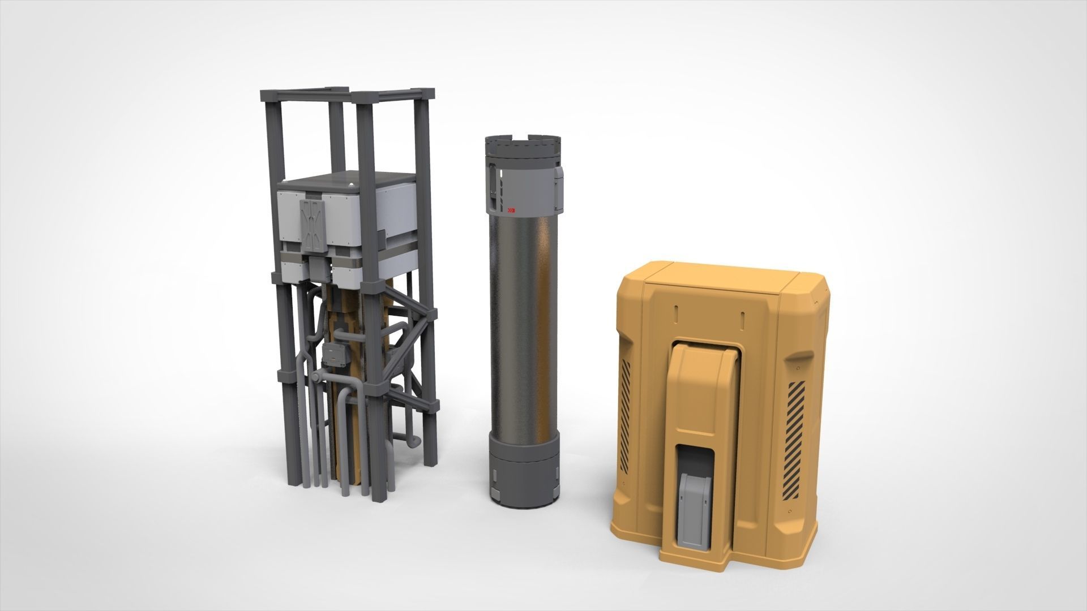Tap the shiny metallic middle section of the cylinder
tap(521, 328)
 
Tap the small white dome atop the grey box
tap(352, 184)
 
